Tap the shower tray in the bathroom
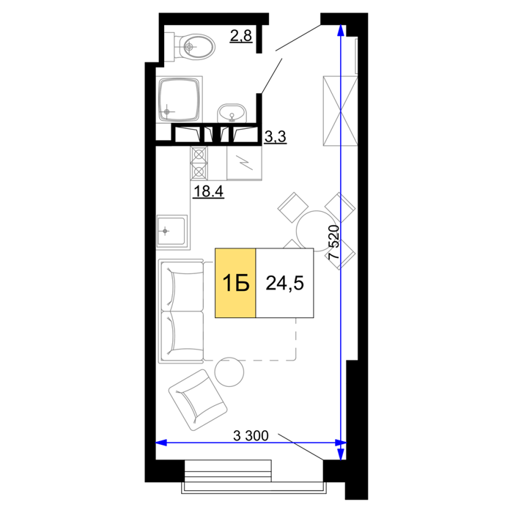point(180,99)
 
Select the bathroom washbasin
point(232,113)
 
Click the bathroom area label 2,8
point(241,36)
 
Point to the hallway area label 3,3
point(275,136)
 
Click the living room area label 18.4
point(208,191)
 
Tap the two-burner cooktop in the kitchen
point(199,163)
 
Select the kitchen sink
point(172,231)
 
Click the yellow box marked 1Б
point(235,283)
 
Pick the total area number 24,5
point(284,283)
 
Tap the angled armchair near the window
point(198,400)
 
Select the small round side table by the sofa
point(229,372)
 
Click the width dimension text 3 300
point(251,435)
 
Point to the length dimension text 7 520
point(333,242)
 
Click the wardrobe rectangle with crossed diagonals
point(340,111)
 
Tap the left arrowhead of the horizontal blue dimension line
point(161,443)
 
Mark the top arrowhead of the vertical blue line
point(341,30)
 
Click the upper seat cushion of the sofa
point(182,286)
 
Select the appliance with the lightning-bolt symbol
point(244,163)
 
